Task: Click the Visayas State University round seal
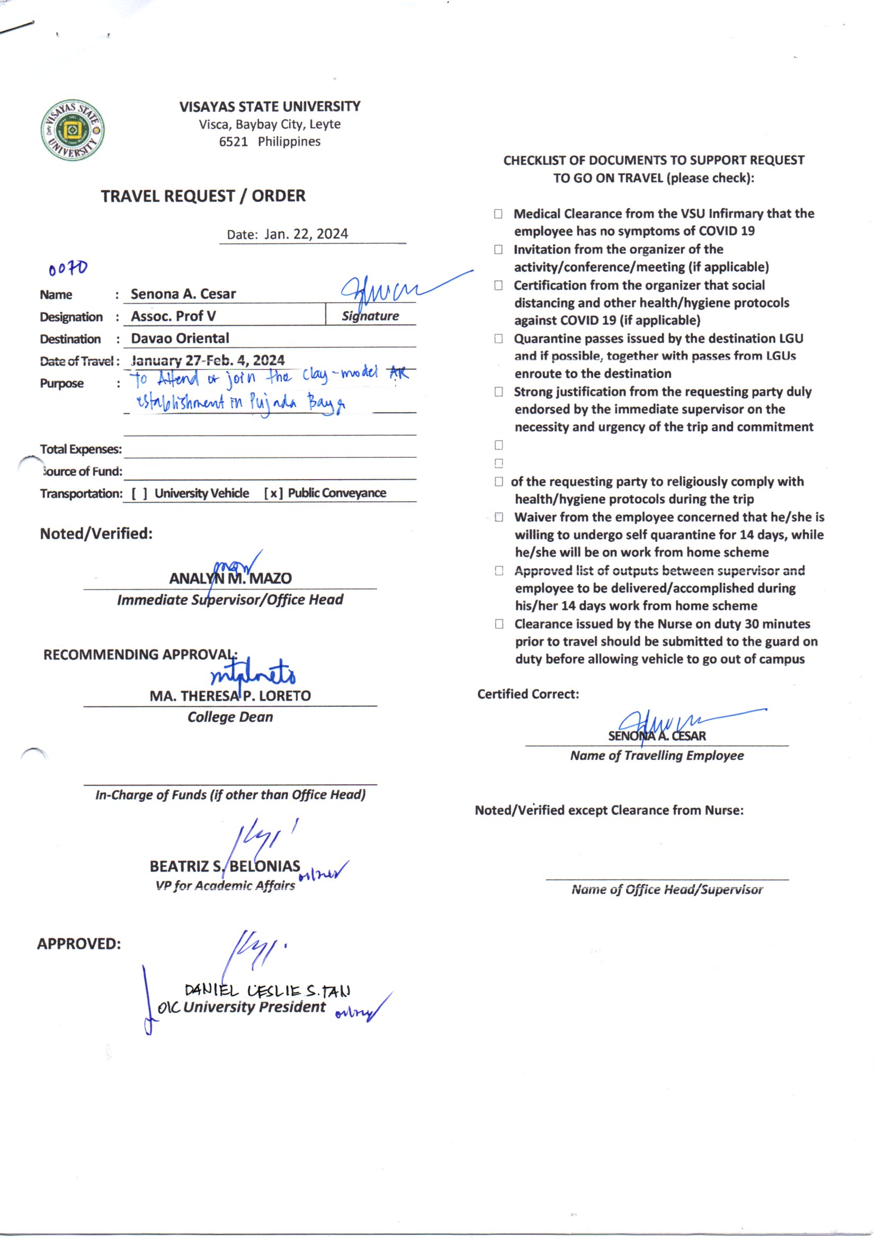(73, 130)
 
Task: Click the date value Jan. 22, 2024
(306, 234)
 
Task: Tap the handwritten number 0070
(68, 268)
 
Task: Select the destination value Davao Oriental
(180, 338)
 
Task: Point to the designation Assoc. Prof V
(173, 316)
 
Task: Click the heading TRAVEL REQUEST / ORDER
(203, 196)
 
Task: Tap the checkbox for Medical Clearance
(498, 214)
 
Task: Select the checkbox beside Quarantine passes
(498, 339)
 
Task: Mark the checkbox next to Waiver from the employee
(499, 518)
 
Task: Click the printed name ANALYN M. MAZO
(230, 579)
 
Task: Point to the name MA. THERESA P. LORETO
(230, 696)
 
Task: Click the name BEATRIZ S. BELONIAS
(225, 866)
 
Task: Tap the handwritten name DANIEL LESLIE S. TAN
(267, 991)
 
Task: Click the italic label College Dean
(230, 717)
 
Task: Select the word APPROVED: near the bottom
(79, 944)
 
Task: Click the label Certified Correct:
(528, 695)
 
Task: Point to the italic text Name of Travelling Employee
(657, 756)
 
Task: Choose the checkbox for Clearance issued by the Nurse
(499, 624)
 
